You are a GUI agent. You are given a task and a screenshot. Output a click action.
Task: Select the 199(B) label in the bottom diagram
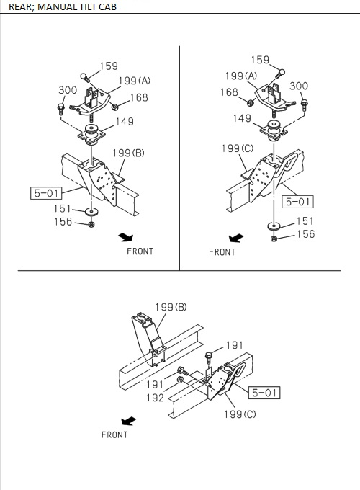171,307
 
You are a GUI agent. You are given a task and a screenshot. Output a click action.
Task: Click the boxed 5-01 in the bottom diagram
264,393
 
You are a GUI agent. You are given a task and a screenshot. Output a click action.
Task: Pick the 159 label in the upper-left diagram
109,66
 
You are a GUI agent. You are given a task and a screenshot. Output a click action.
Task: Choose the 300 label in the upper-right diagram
298,86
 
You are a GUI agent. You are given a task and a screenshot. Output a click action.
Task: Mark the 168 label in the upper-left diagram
138,97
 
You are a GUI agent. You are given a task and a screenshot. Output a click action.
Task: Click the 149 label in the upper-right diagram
242,119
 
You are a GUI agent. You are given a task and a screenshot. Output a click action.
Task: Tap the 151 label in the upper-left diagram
63,209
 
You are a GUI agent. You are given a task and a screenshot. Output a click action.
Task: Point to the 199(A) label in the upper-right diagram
240,76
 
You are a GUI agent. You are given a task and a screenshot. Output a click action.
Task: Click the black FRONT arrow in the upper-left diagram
127,236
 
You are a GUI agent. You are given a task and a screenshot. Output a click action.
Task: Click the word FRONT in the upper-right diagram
222,252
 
